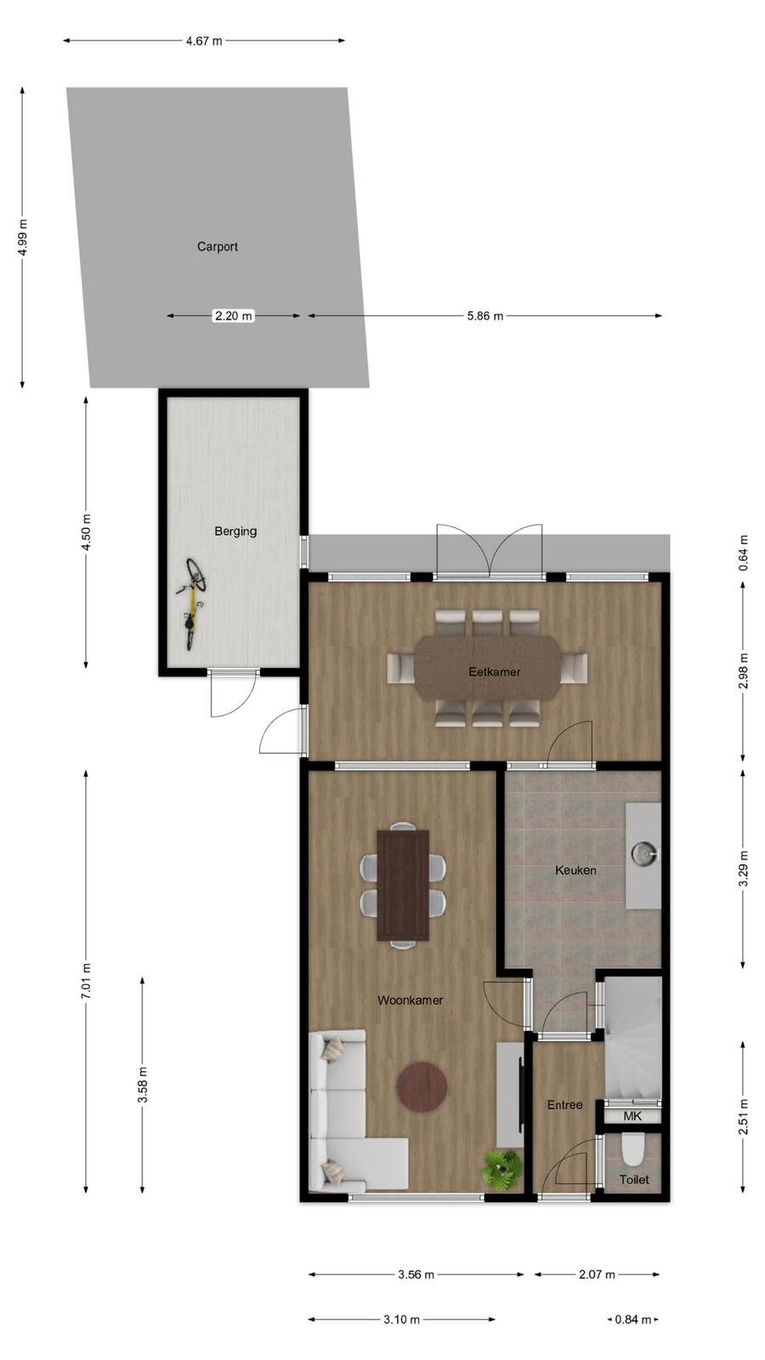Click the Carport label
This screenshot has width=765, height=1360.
[x=218, y=246]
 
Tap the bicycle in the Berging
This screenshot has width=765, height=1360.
[x=192, y=603]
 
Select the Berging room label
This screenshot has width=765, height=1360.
[x=235, y=531]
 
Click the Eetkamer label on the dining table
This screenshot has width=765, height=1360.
[x=494, y=671]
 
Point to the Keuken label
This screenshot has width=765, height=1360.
[x=575, y=870]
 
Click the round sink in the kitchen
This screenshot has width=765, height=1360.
[x=643, y=853]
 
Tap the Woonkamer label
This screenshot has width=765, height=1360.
[x=411, y=1000]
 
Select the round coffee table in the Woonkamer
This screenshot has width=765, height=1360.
[x=422, y=1086]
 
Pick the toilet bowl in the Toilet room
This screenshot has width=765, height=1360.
[x=634, y=1148]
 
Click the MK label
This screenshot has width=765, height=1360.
[x=632, y=1116]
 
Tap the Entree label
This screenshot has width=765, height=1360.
[x=564, y=1105]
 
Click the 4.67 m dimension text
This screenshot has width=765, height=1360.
[x=204, y=42]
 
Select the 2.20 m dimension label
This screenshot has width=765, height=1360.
[x=234, y=315]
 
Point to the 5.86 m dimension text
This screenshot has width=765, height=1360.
[x=485, y=315]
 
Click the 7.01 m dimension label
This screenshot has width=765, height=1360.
[x=86, y=981]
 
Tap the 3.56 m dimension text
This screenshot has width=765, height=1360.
[x=416, y=1274]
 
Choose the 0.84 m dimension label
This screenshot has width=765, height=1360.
[x=632, y=1319]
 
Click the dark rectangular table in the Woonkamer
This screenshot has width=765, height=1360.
[x=403, y=885]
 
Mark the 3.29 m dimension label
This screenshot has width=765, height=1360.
[x=743, y=868]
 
